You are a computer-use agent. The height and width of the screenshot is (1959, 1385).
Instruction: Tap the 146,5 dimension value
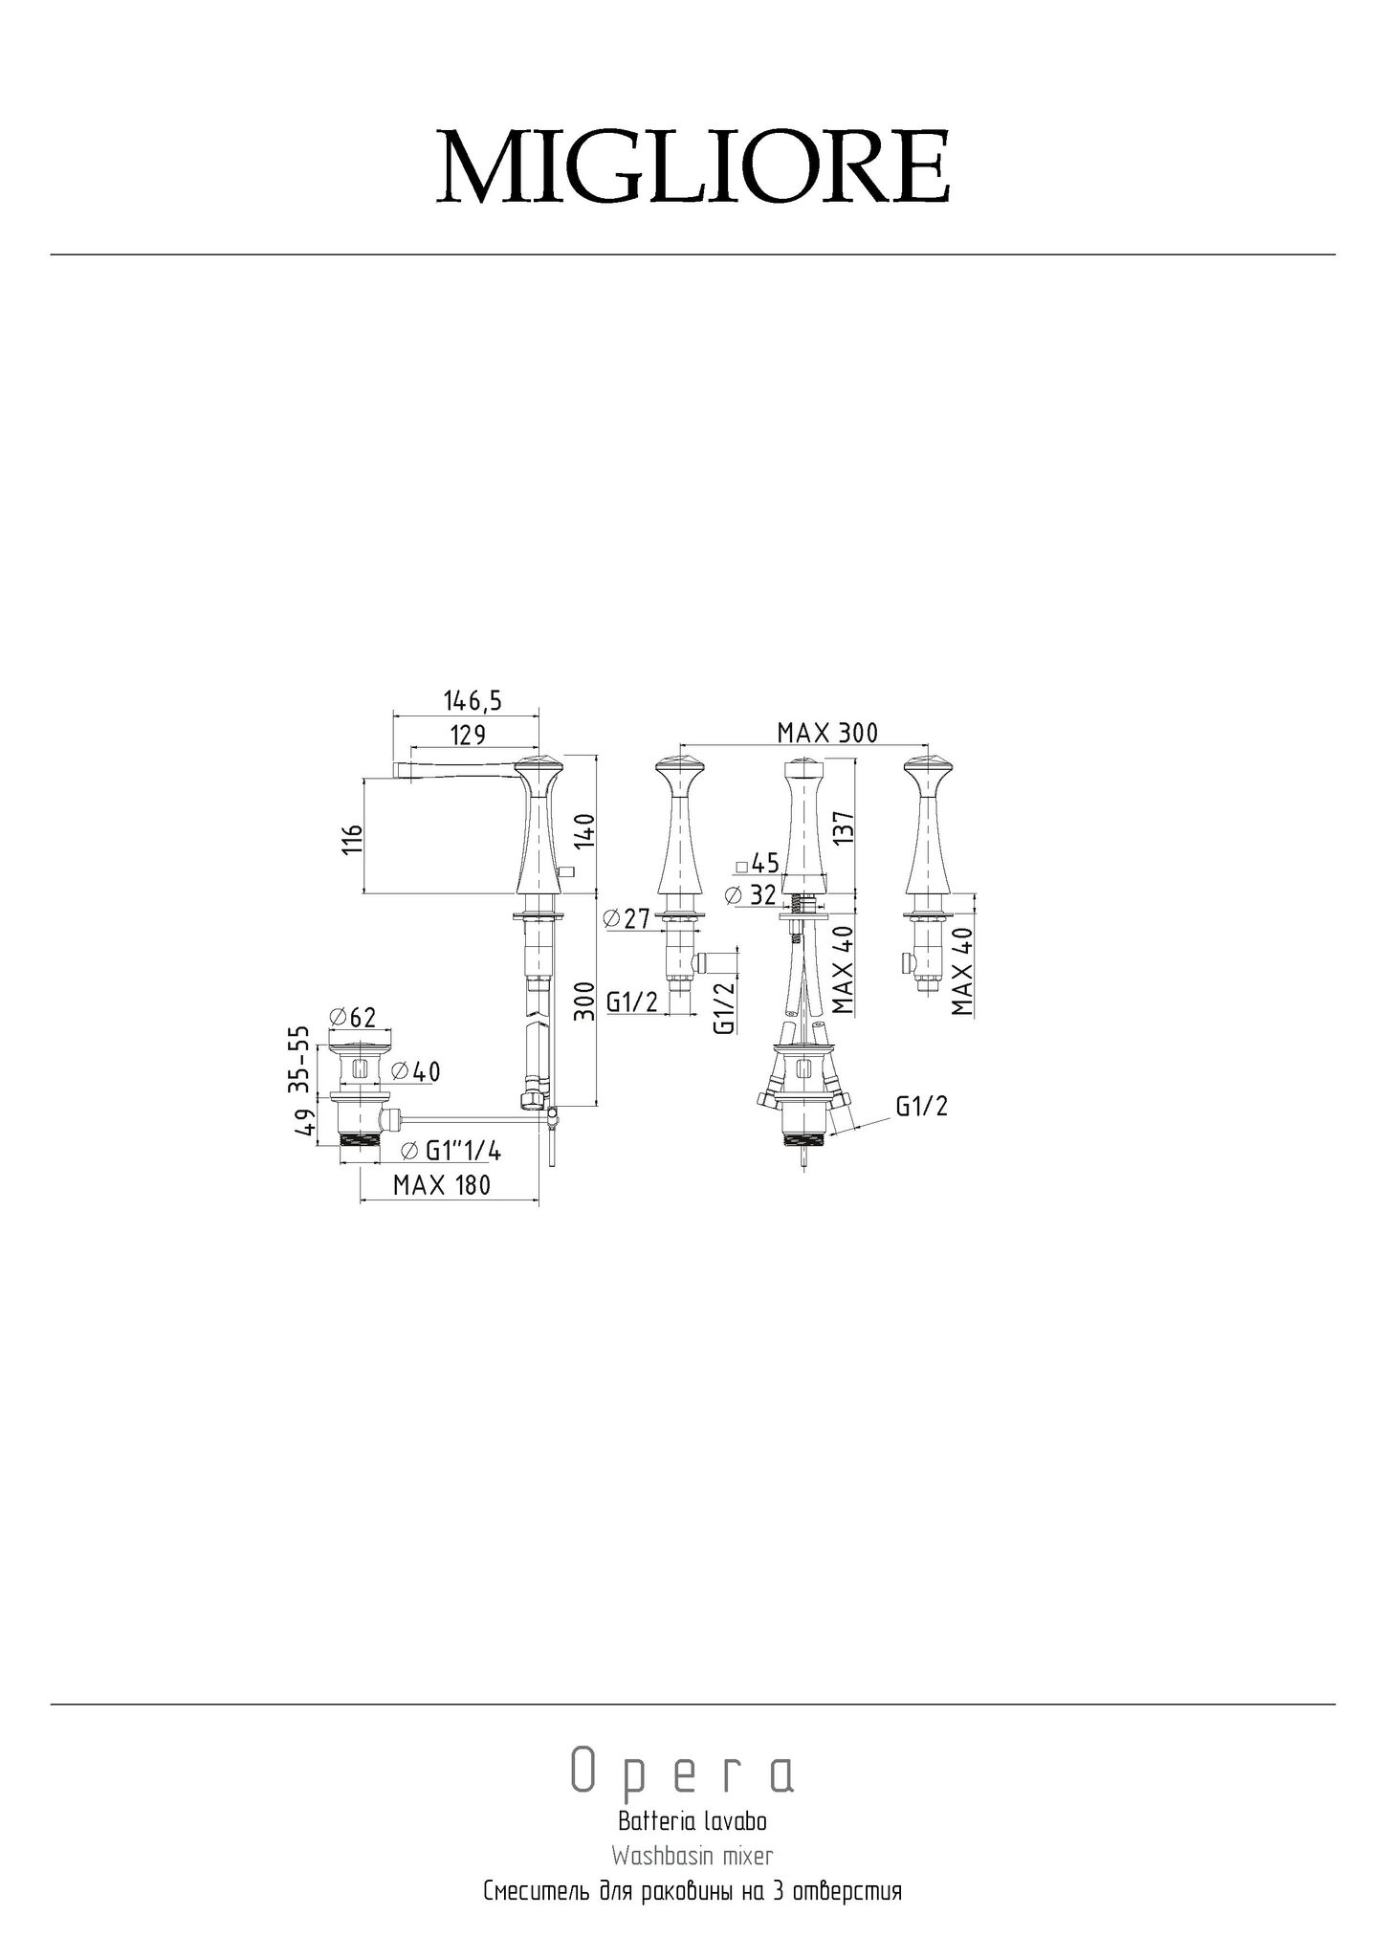(473, 701)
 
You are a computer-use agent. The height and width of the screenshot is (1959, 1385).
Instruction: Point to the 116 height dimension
(353, 838)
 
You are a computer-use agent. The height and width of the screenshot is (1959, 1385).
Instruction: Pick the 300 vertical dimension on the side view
(587, 1001)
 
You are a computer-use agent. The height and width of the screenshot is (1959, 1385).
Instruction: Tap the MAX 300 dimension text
(827, 734)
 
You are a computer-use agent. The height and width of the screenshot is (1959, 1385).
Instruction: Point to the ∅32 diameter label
(752, 896)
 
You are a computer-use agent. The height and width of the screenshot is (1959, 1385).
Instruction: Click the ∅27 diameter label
(627, 920)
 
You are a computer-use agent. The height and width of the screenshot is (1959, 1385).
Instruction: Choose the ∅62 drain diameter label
(352, 1016)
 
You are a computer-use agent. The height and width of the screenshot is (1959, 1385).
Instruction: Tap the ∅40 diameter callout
(416, 1072)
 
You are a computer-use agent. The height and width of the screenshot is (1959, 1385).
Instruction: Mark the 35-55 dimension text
(300, 1059)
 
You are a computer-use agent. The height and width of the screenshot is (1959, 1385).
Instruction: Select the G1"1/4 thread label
(451, 1151)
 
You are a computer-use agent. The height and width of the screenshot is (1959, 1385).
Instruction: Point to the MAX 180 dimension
(442, 1185)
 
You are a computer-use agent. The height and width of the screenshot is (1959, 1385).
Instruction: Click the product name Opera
(682, 1772)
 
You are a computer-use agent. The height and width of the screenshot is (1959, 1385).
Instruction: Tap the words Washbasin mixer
(692, 1856)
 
